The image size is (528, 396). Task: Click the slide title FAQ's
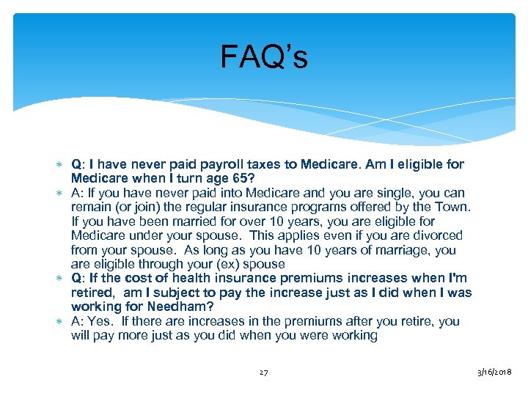pyautogui.click(x=264, y=58)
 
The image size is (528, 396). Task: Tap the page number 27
pyautogui.click(x=263, y=373)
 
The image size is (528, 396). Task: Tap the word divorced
pyautogui.click(x=436, y=235)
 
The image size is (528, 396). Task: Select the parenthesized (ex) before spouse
pyautogui.click(x=232, y=264)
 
